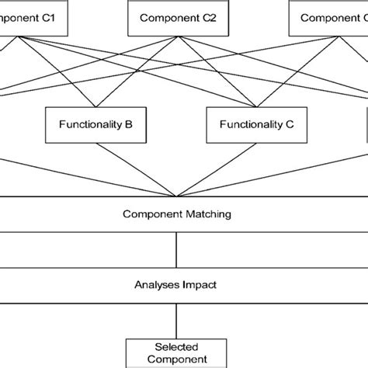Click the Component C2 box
[179, 17]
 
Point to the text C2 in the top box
[207, 17]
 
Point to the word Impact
[201, 284]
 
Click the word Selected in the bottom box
[179, 345]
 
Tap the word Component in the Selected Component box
[179, 359]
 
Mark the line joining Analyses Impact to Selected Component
[179, 318]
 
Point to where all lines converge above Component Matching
[179, 197]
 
